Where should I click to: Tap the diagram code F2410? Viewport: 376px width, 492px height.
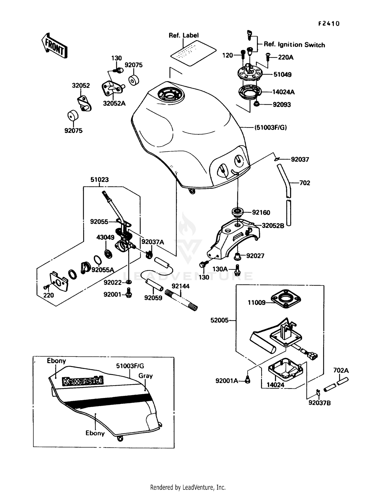point(329,24)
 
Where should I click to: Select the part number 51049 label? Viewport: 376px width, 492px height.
point(282,74)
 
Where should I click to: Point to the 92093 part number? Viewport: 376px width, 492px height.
point(282,105)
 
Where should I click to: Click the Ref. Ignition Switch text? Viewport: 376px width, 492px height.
point(294,45)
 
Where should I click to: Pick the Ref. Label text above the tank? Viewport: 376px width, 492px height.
point(183,35)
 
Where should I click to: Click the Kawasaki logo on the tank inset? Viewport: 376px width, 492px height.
point(83,381)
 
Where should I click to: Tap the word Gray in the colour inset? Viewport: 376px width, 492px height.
point(145,376)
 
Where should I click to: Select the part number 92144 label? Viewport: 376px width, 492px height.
point(180,286)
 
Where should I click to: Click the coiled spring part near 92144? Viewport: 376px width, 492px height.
point(181,300)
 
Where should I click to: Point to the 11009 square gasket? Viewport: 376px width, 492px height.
point(286,299)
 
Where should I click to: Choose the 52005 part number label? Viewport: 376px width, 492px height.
point(219,320)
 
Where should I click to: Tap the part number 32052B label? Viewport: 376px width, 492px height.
point(273,226)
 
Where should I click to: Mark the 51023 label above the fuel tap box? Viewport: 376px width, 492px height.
point(100,180)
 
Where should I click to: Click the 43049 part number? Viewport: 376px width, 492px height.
point(105,237)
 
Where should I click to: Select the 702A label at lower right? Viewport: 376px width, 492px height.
point(341,370)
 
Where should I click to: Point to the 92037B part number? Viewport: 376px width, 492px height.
point(319,403)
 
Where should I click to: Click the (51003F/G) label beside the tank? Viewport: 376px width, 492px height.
point(270,127)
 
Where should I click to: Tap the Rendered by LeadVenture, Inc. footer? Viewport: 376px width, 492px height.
point(188,487)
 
